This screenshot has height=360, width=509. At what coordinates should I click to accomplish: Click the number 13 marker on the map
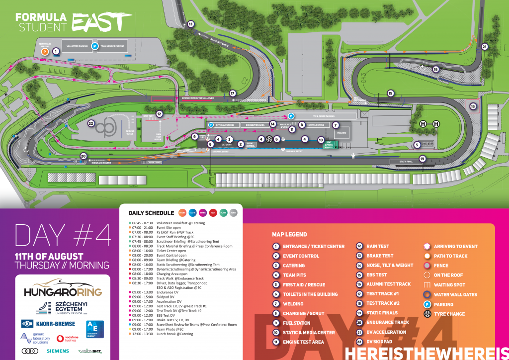pos(190,23)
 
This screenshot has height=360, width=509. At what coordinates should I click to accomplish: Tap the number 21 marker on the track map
pos(485,47)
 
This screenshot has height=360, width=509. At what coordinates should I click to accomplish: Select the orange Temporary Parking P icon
pos(45,51)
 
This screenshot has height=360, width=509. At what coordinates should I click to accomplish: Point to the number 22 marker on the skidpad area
pos(91,123)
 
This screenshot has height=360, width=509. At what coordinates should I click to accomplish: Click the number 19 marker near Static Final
pos(423,159)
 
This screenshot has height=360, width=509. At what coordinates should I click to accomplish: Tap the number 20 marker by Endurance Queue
pos(83,156)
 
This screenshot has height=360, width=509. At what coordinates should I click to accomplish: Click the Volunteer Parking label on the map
pos(77,46)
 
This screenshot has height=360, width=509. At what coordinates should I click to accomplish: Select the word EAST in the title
pos(102,22)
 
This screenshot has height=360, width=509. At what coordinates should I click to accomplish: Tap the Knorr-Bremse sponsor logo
pos(48,324)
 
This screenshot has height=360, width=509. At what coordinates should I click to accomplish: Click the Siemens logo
pos(58,351)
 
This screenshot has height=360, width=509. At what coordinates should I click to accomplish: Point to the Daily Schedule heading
pos(151,213)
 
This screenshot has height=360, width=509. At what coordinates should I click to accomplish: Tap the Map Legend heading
pos(289,234)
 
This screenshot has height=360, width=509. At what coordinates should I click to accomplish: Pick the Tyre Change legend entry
pos(449,314)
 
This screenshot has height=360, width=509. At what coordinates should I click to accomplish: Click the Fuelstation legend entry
pos(296,323)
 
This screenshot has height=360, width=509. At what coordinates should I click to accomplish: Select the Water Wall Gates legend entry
pos(455,294)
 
